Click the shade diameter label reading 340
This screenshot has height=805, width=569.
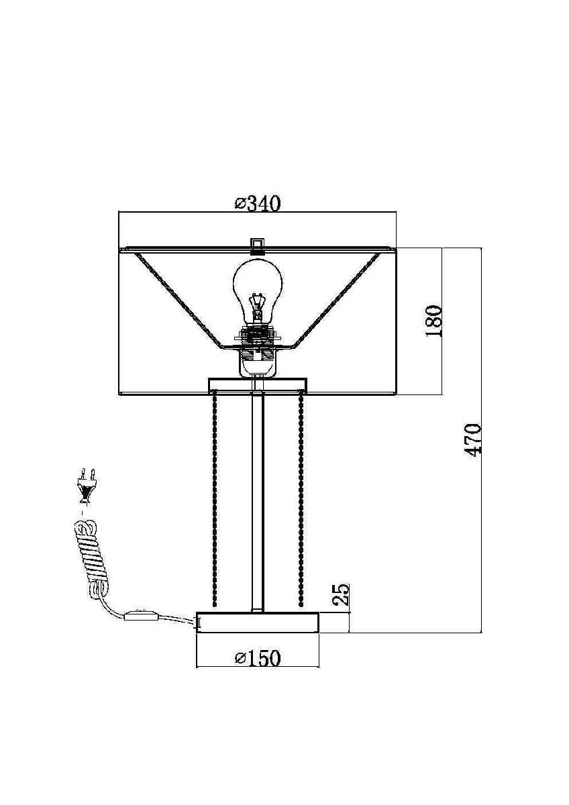(x=258, y=204)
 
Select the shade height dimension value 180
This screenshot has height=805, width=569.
(x=433, y=321)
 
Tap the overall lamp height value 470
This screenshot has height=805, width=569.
(x=472, y=440)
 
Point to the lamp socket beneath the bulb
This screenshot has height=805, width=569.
(x=257, y=350)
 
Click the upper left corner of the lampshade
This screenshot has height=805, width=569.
(x=119, y=248)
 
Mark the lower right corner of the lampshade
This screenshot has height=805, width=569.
(x=396, y=395)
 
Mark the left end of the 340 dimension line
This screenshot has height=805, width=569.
(x=119, y=213)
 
